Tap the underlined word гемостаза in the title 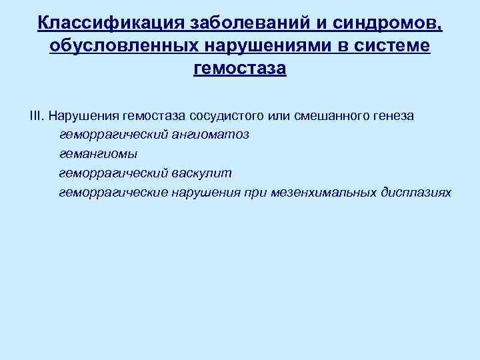coord(239,69)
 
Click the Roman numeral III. coord(36,116)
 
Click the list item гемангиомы coord(98,155)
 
